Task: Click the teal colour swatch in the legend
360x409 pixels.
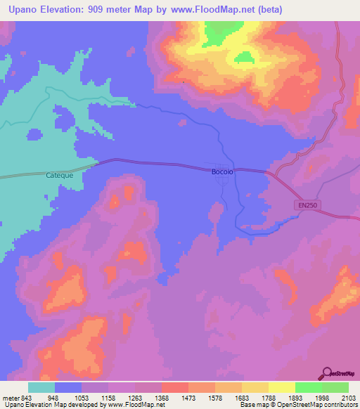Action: pyautogui.click(x=41, y=387)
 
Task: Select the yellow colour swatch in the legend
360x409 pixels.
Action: pyautogui.click(x=282, y=387)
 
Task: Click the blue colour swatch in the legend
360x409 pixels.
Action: pyautogui.click(x=68, y=387)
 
